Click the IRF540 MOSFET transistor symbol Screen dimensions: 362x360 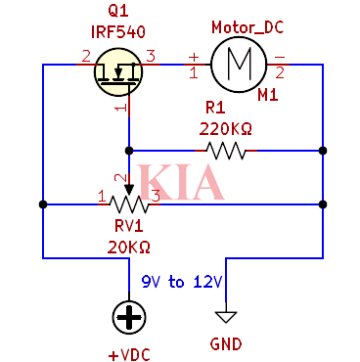coord(119,71)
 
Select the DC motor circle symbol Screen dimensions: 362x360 coord(239,64)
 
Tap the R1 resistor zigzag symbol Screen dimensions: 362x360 coord(225,151)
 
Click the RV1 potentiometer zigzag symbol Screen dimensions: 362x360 coord(128,204)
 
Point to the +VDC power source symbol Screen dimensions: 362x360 coord(127,316)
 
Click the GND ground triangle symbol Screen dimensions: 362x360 coord(226,316)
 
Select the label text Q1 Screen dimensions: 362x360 coord(117,12)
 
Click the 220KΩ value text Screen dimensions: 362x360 coord(225,128)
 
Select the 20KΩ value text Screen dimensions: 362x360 coord(127,246)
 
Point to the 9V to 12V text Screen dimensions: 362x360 coord(181,283)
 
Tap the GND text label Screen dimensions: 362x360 coord(226,343)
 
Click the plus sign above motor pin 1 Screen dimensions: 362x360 coord(193,56)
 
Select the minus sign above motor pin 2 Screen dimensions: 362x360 coord(280,56)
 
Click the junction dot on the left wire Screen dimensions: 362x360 coord(42,204)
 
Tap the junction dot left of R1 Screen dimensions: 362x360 coord(128,151)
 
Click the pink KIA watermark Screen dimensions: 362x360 coord(180,183)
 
